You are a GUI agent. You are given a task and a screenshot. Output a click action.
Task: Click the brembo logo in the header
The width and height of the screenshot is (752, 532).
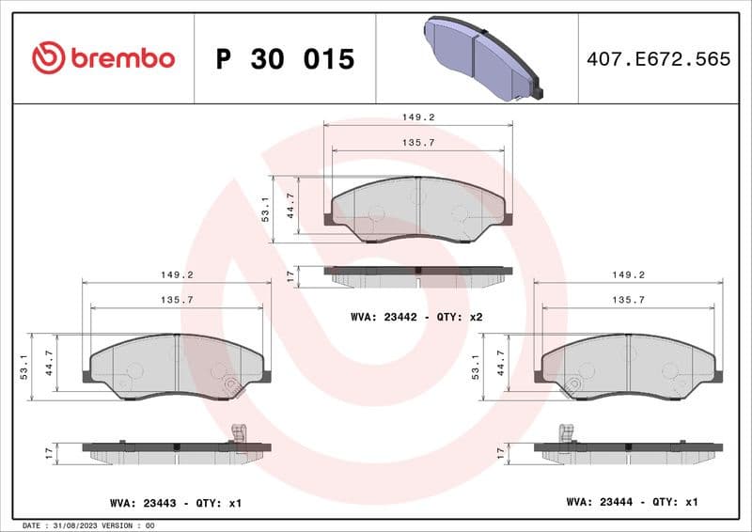click(103, 58)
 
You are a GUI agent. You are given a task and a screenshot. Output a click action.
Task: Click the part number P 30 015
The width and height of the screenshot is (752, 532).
click(285, 59)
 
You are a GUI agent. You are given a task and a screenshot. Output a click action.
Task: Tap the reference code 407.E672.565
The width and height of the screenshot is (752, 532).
click(657, 59)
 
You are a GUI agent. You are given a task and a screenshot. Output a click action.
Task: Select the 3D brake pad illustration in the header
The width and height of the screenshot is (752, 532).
click(480, 58)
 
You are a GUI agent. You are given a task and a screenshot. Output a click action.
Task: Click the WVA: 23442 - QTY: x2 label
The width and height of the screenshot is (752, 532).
click(416, 317)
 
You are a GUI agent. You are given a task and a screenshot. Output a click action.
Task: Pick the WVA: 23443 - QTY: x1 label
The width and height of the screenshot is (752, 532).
click(176, 504)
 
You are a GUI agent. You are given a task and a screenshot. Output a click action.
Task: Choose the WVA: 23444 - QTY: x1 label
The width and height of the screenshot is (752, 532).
click(632, 502)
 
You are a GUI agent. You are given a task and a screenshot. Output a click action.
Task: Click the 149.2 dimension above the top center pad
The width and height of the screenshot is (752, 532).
click(418, 118)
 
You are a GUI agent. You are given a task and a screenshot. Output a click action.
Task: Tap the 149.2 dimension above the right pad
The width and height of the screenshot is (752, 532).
click(628, 275)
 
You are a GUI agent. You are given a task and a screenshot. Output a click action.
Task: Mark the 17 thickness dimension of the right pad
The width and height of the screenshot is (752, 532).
click(501, 453)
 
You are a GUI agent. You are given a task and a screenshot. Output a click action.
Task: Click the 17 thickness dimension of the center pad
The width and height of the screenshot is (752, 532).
click(290, 276)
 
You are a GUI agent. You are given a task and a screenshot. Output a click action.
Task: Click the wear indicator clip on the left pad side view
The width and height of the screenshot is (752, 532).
click(238, 433)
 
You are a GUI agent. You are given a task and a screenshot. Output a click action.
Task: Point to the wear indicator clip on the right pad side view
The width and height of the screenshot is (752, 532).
click(566, 433)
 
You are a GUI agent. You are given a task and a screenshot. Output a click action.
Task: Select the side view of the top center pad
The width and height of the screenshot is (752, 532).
click(418, 274)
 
